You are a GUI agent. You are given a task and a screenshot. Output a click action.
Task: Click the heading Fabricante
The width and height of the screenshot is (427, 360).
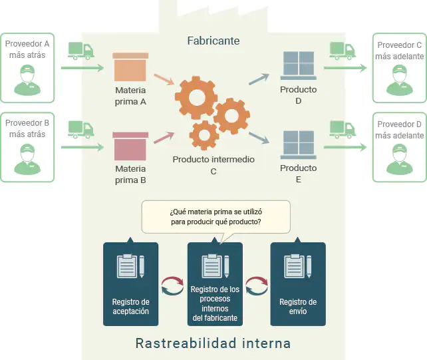[213, 41]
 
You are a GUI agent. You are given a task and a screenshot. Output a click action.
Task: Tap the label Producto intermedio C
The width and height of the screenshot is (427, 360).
[213, 165]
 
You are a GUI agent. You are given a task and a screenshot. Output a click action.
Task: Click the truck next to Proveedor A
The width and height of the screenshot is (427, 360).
[81, 51]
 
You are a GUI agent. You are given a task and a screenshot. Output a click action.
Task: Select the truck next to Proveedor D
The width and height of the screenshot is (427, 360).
[344, 127]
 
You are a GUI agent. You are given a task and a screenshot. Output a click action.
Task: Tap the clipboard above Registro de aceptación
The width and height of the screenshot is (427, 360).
[130, 267]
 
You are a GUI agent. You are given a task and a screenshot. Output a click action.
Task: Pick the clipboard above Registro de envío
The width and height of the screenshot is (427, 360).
[297, 267]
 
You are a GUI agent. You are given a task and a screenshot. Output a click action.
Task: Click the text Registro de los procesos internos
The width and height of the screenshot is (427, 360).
[214, 303]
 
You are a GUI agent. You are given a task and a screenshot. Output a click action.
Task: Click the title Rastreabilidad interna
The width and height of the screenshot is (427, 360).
[213, 343]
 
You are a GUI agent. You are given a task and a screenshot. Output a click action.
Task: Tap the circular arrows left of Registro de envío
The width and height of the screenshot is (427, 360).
[255, 287]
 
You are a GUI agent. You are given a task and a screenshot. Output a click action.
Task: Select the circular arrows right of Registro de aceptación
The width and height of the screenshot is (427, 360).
[172, 287]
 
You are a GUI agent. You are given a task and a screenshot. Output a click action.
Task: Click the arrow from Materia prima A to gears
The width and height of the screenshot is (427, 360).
[164, 83]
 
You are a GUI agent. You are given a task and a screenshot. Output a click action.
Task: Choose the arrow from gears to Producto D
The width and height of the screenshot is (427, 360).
[259, 79]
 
